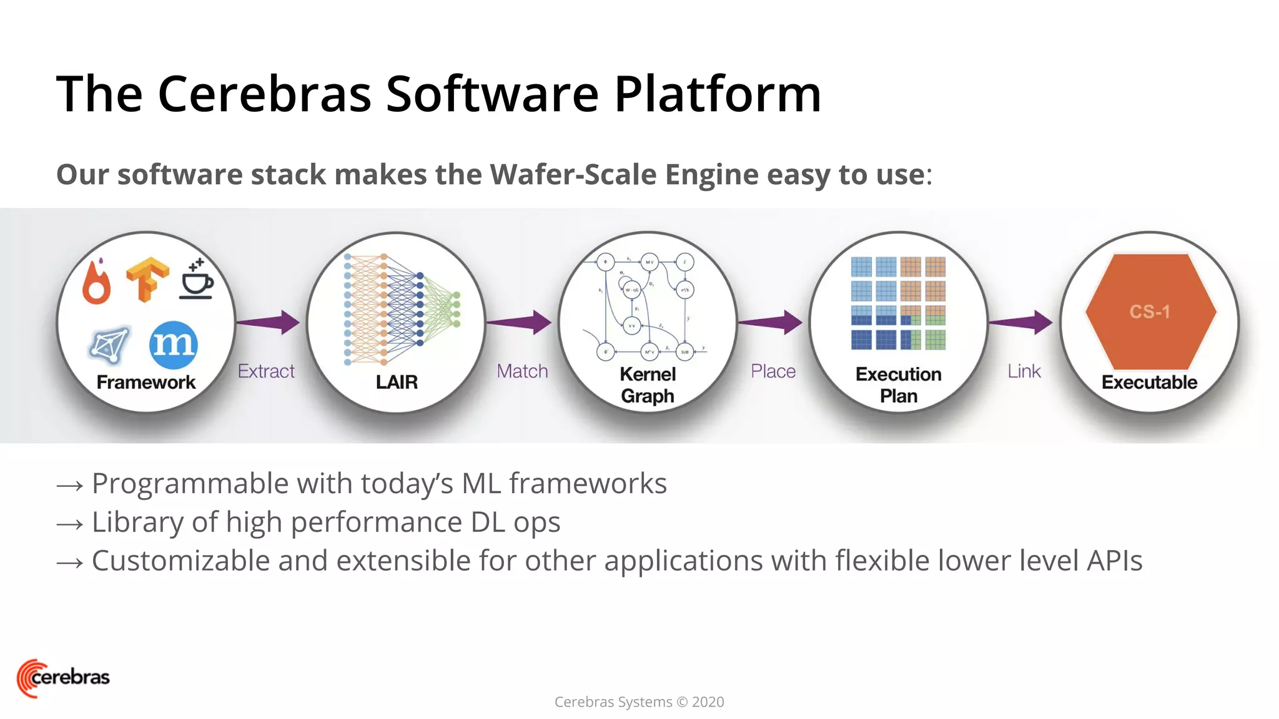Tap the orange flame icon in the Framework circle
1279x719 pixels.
(x=97, y=283)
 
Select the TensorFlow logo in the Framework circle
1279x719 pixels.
(x=147, y=279)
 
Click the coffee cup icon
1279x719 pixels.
(x=197, y=280)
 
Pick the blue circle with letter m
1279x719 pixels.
(x=174, y=344)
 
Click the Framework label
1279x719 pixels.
(x=146, y=382)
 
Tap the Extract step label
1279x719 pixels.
(x=266, y=371)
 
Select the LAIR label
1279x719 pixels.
(x=397, y=382)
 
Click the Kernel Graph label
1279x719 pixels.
(x=648, y=385)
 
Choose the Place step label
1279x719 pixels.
(x=773, y=371)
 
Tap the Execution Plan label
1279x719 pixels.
(x=899, y=385)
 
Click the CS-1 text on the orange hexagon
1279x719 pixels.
(x=1149, y=311)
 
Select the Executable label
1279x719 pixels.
(x=1149, y=382)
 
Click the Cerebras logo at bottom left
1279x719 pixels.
(x=62, y=677)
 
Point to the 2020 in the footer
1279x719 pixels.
(x=708, y=702)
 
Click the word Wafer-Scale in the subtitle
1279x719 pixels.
(x=573, y=174)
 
